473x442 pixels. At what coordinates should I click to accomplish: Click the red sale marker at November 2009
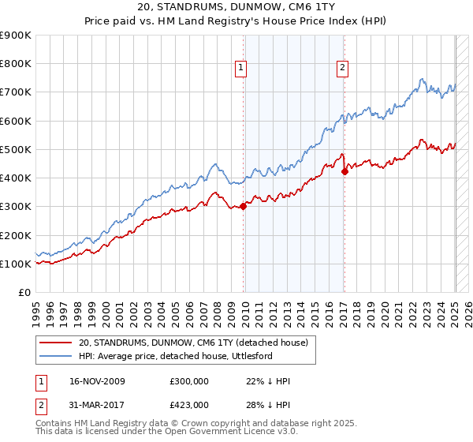243,207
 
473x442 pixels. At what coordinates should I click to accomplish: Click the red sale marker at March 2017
345,171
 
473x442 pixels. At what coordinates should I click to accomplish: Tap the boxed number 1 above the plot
241,69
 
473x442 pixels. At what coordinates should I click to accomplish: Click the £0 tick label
24,293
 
